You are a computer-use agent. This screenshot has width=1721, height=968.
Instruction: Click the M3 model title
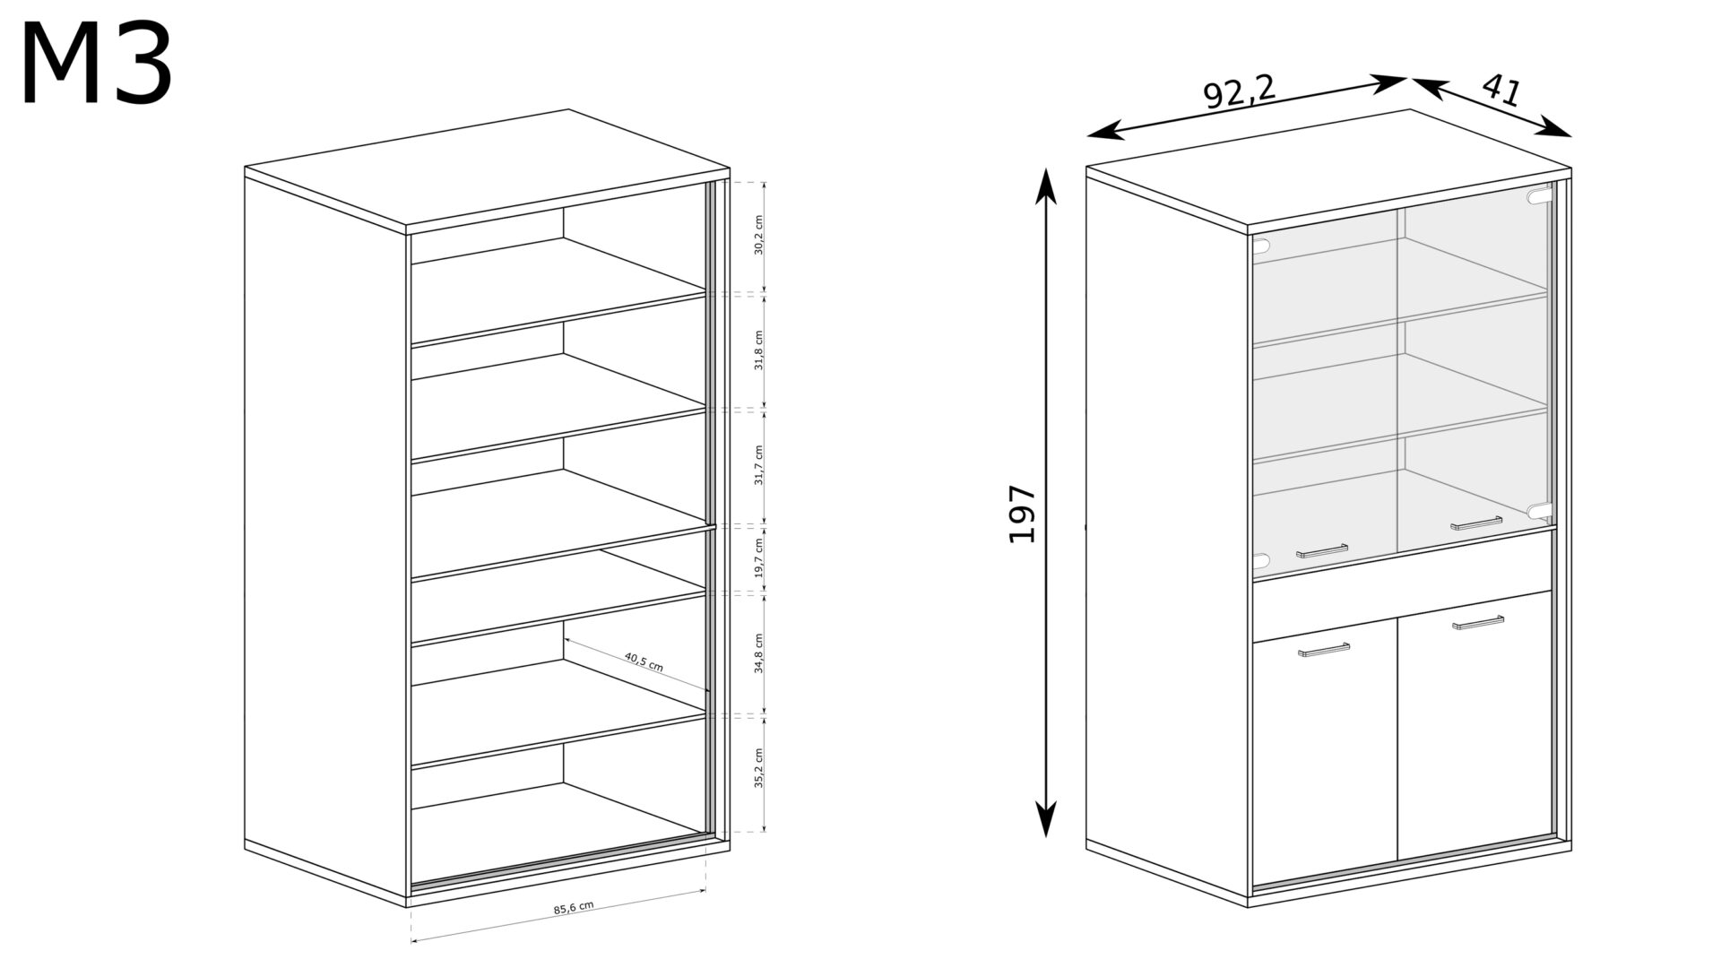coord(96,65)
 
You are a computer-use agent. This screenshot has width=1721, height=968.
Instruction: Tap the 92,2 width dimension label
coord(1240,91)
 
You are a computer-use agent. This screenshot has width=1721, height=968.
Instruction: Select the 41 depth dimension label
coord(1501,90)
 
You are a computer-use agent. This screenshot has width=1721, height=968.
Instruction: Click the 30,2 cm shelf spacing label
coord(757,235)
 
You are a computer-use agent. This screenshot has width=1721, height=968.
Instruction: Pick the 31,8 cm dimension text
coord(758,350)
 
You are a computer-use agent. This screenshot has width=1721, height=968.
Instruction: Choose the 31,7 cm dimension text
coord(758,465)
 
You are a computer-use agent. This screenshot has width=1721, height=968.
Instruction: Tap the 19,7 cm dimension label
coord(758,557)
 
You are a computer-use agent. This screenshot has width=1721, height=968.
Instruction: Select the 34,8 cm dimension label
coord(758,653)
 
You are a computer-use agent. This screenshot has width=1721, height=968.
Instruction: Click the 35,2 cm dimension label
coord(758,768)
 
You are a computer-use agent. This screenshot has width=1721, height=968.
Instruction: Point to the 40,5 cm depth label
coord(644,662)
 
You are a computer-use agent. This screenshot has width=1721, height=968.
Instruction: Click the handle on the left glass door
coord(1322,550)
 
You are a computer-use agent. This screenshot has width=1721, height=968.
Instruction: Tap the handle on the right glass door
coord(1476,523)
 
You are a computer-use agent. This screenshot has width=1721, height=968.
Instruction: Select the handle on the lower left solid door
coord(1324,649)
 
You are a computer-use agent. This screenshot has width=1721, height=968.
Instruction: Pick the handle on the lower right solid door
coord(1478,622)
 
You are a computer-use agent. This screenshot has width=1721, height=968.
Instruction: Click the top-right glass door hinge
coord(1539,196)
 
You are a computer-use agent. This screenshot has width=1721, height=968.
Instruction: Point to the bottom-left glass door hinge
coord(1261,561)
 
